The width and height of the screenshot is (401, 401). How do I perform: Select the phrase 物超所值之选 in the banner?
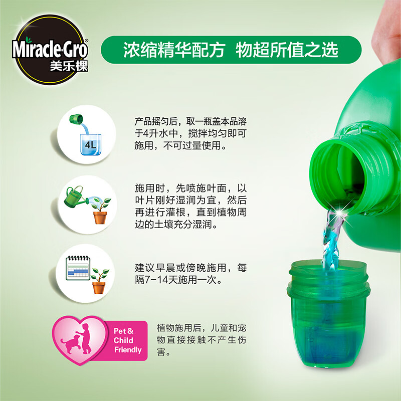(x=287, y=49)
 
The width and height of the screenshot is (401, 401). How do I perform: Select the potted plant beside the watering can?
(x=101, y=211)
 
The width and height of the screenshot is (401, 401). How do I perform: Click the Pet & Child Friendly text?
(x=127, y=340)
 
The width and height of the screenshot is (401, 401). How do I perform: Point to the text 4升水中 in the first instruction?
(x=155, y=134)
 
